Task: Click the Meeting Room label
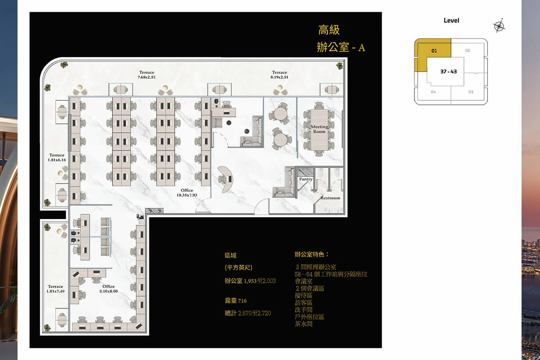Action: (x=319, y=129)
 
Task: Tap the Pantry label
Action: (x=306, y=179)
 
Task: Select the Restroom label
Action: (x=330, y=198)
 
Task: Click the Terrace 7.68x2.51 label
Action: (x=147, y=75)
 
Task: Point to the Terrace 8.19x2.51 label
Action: (x=279, y=75)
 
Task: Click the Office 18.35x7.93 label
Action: (x=187, y=193)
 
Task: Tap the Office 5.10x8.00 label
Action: (x=108, y=288)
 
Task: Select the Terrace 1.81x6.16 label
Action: (x=57, y=157)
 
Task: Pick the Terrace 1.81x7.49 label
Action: (x=56, y=288)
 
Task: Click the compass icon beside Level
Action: (x=499, y=26)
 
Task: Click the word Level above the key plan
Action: (x=451, y=21)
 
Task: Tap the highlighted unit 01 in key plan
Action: (x=434, y=51)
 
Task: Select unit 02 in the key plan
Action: (x=468, y=50)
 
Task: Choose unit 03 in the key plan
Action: (x=471, y=92)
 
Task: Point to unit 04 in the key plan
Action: (x=433, y=92)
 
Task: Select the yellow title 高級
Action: (x=329, y=31)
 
